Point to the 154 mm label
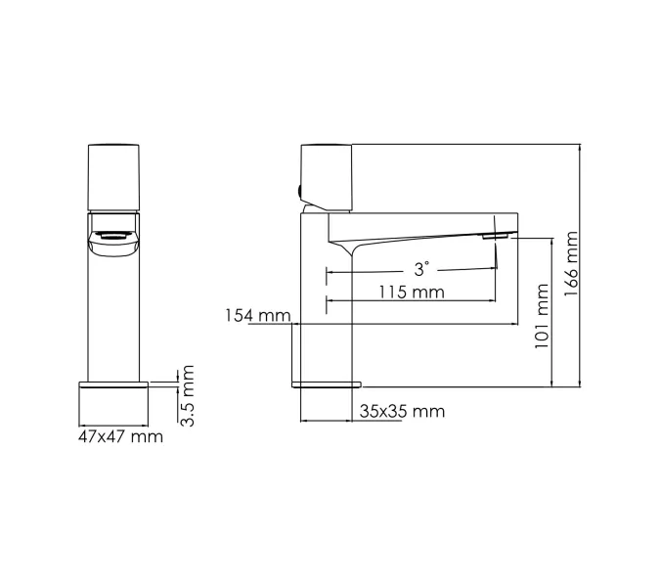click(x=258, y=315)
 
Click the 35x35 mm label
click(x=402, y=411)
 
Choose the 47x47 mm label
click(x=120, y=436)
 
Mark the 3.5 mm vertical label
click(x=188, y=394)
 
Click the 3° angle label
click(x=420, y=268)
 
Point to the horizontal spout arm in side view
click(x=420, y=223)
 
